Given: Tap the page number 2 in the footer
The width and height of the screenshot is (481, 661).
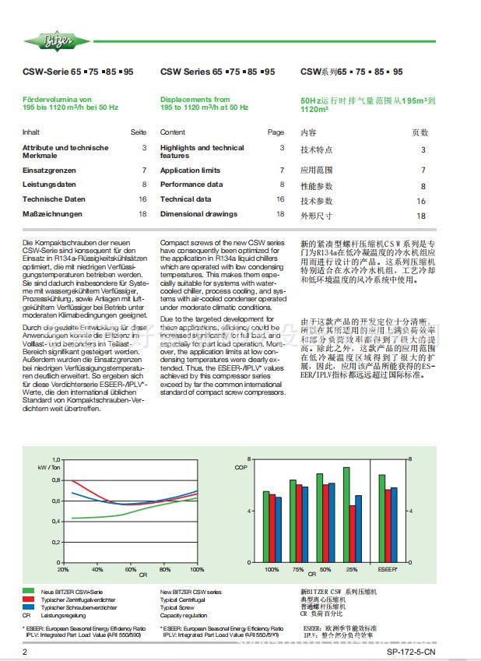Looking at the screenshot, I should click(x=25, y=652).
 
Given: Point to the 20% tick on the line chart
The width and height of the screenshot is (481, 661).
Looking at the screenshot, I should click(x=65, y=569).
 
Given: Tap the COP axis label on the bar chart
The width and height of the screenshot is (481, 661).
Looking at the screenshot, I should click(x=240, y=467).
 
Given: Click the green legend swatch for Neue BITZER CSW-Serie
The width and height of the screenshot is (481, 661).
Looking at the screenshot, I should click(x=28, y=592).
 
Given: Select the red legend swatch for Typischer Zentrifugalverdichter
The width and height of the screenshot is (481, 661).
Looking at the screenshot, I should click(x=28, y=600).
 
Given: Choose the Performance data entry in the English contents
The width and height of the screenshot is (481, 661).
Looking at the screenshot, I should click(x=191, y=185).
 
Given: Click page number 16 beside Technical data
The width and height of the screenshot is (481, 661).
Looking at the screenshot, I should click(x=280, y=199).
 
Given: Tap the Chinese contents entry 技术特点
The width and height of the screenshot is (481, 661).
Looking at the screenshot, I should click(x=316, y=150).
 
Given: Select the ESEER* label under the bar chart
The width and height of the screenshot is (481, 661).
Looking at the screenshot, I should click(x=388, y=569).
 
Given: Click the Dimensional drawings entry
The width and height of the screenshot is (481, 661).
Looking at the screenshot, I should click(x=198, y=213).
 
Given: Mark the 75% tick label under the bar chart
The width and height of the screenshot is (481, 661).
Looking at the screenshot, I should click(x=298, y=569).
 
